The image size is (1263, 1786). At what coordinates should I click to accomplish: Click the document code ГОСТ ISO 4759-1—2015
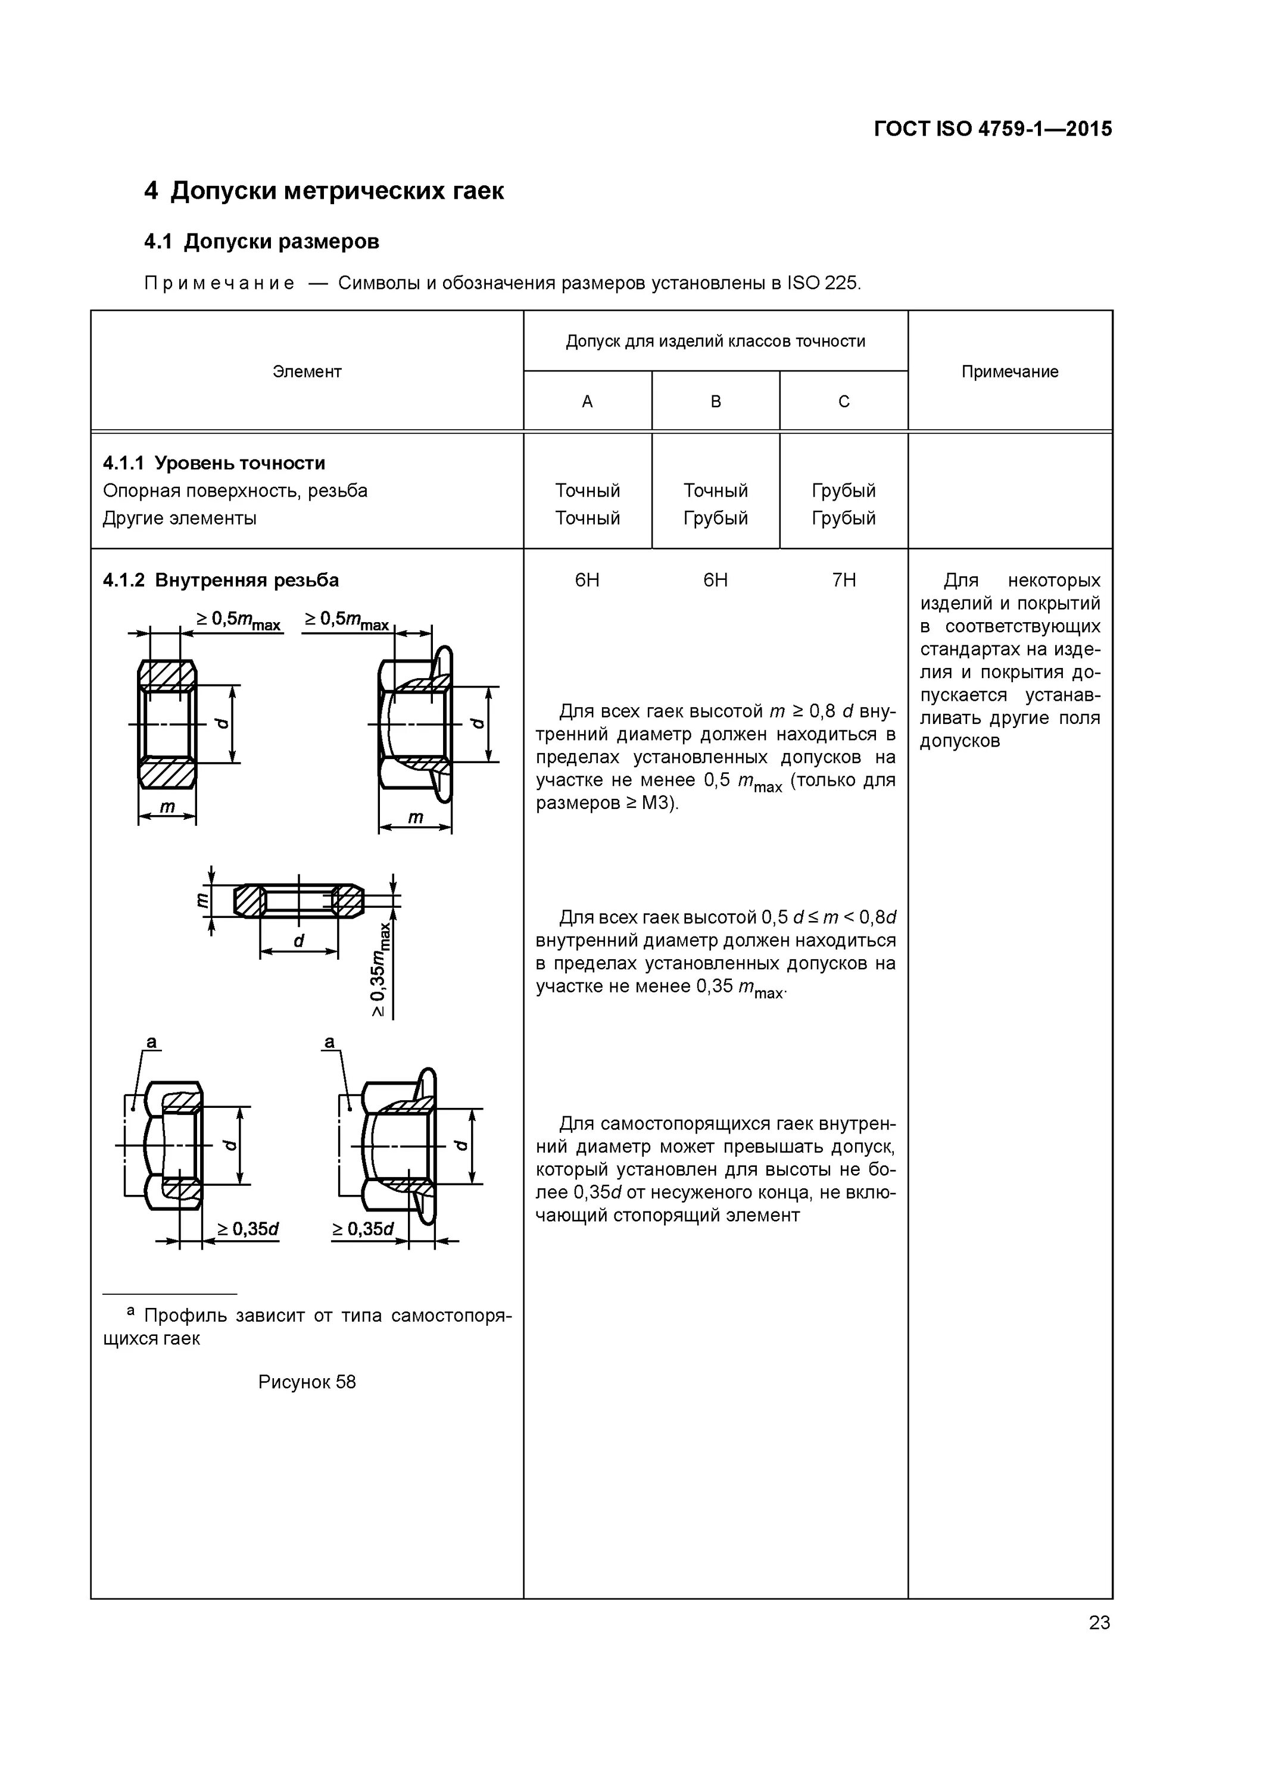pyautogui.click(x=993, y=129)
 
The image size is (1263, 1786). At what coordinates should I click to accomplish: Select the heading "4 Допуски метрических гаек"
pyautogui.click(x=324, y=191)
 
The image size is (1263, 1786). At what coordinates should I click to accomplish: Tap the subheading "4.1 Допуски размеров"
pyautogui.click(x=261, y=242)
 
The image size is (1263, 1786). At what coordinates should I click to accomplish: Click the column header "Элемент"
pyautogui.click(x=307, y=372)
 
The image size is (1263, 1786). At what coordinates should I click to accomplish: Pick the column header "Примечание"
pyautogui.click(x=1009, y=372)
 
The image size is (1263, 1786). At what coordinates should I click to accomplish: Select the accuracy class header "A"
pyautogui.click(x=588, y=401)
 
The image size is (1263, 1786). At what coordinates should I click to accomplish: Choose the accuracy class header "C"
pyautogui.click(x=844, y=401)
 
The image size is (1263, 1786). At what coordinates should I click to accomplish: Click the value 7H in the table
pyautogui.click(x=844, y=580)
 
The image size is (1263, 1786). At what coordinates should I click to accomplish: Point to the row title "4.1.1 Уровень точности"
pyautogui.click(x=214, y=464)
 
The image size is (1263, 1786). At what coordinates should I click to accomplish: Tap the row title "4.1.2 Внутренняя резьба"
pyautogui.click(x=221, y=580)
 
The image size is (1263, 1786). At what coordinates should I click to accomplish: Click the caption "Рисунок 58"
pyautogui.click(x=307, y=1382)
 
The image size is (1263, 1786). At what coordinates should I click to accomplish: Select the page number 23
pyautogui.click(x=1099, y=1623)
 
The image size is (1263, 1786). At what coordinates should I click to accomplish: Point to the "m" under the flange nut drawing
pyautogui.click(x=416, y=817)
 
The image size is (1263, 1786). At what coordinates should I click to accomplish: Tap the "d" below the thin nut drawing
pyautogui.click(x=299, y=941)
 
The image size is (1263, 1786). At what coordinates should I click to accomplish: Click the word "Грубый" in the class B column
pyautogui.click(x=715, y=518)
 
